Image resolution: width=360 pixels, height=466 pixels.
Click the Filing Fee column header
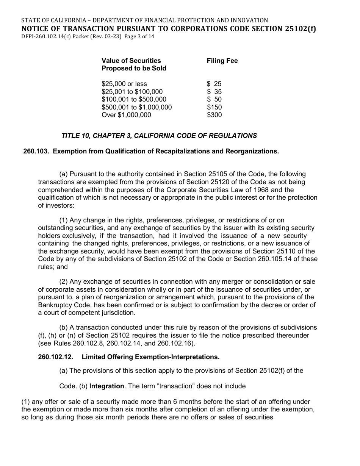tap(222, 61)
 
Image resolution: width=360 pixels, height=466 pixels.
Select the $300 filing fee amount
tap(214, 115)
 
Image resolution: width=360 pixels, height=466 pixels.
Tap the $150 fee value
tap(214, 107)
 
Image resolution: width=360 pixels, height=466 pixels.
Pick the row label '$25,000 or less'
tap(124, 84)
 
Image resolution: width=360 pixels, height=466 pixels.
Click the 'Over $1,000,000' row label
tap(126, 115)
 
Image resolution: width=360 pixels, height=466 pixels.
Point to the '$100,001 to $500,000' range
tap(134, 100)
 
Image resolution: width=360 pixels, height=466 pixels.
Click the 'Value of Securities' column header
tap(131, 61)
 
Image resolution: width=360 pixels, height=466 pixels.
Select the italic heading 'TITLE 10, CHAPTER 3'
tap(159, 136)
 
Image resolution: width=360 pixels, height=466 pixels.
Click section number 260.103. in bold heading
tap(36, 151)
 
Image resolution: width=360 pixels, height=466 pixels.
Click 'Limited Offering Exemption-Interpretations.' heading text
tap(150, 357)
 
